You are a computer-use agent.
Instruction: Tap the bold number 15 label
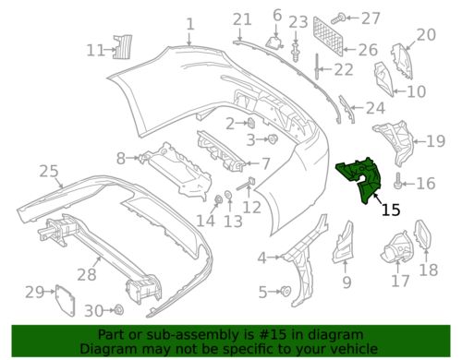[x=391, y=210]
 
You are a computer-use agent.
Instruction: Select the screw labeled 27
[x=338, y=18]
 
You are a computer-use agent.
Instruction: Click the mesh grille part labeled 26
[x=328, y=36]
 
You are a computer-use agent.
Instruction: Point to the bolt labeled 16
[x=398, y=181]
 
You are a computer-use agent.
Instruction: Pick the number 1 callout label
[x=190, y=24]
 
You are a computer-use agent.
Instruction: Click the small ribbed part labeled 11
[x=123, y=47]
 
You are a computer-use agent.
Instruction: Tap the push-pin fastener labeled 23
[x=296, y=53]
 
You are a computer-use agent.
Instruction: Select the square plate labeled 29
[x=65, y=300]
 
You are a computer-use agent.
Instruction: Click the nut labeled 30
[x=119, y=309]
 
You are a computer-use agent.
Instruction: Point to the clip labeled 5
[x=286, y=291]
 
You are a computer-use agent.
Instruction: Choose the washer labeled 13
[x=228, y=195]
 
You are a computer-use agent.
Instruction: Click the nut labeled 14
[x=219, y=200]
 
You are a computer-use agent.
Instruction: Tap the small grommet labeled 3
[x=273, y=138]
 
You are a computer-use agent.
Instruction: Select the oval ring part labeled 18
[x=423, y=234]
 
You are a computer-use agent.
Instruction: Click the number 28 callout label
[x=87, y=274]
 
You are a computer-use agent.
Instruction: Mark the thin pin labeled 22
[x=317, y=66]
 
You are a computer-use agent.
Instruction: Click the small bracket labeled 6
[x=275, y=42]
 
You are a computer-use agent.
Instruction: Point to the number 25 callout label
[x=49, y=171]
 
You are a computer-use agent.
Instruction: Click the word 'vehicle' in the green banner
[x=355, y=349]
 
